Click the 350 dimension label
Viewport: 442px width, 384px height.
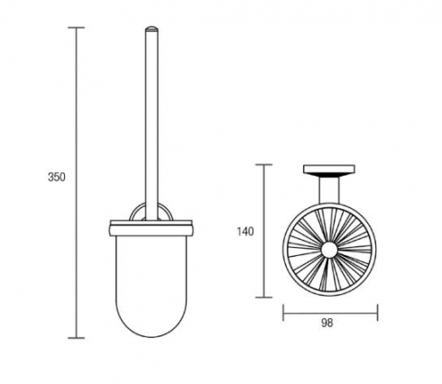click(57, 177)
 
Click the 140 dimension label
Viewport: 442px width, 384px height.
click(245, 232)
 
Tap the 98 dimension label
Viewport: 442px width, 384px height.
click(327, 323)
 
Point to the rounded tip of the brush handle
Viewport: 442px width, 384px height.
click(152, 29)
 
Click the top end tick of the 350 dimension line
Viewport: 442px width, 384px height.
click(76, 28)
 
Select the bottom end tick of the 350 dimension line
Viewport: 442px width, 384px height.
click(76, 338)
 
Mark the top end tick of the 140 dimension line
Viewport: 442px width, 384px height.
click(263, 165)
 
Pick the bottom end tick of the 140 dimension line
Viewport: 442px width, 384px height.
click(263, 297)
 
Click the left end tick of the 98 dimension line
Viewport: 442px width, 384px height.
click(283, 313)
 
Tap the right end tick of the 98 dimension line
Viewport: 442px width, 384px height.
click(377, 313)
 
